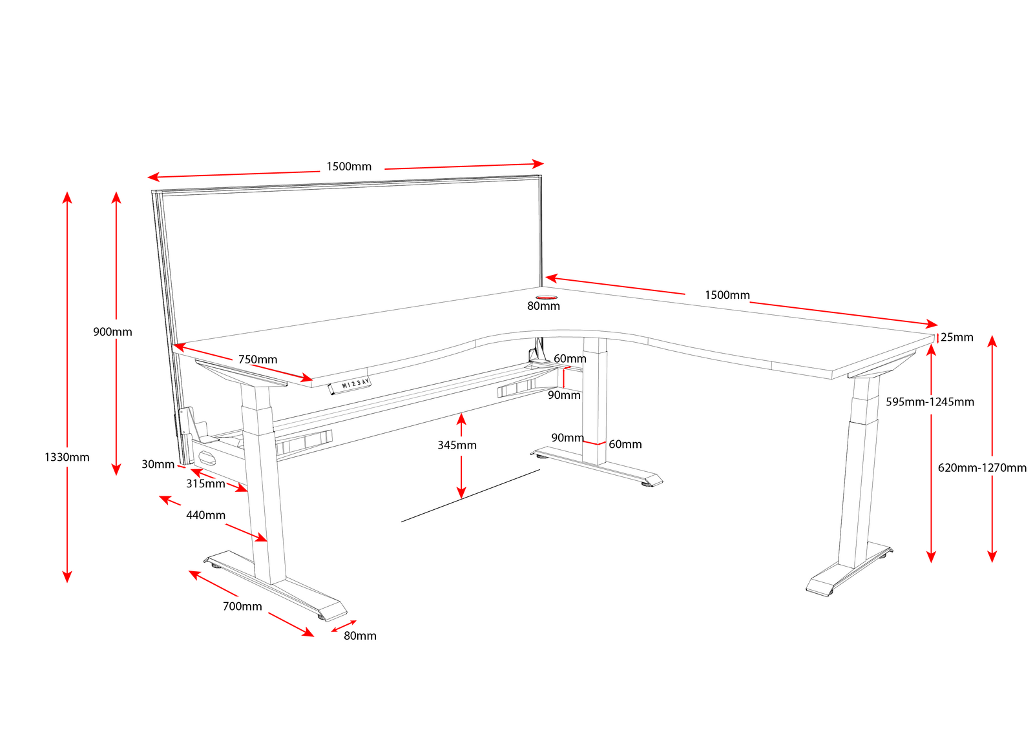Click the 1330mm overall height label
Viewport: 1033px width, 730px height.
click(67, 457)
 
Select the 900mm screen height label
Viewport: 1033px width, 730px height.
click(112, 332)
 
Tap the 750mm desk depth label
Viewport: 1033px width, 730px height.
click(258, 360)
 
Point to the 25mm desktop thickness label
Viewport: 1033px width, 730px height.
click(957, 337)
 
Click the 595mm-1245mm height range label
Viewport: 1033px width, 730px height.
click(930, 401)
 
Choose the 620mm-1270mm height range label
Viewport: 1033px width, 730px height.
click(982, 467)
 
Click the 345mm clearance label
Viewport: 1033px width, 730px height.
click(457, 445)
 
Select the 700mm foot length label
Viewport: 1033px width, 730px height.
click(242, 606)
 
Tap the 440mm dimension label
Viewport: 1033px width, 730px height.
click(205, 515)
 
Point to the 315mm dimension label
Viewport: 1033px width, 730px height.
click(205, 483)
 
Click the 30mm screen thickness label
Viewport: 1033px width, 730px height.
click(158, 464)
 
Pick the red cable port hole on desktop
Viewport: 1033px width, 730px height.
click(547, 297)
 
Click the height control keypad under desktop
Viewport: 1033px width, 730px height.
click(350, 385)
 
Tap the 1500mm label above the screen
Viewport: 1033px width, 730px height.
click(349, 167)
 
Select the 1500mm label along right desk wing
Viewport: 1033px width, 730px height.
click(727, 295)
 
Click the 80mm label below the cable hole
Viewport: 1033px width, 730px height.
click(543, 306)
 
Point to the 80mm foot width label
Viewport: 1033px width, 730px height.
click(360, 636)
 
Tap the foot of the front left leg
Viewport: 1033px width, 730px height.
click(278, 584)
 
